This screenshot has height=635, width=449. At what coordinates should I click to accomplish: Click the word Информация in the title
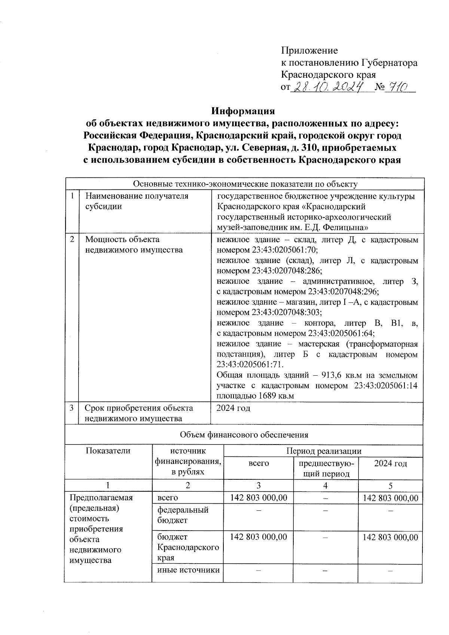pos(243,111)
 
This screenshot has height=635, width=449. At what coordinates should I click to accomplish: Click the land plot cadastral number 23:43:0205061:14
pos(385,385)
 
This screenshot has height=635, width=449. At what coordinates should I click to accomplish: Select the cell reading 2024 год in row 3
pos(233,408)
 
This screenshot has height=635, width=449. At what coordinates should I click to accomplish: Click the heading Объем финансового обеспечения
pos(244,434)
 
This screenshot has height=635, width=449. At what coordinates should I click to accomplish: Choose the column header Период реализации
pos(324,451)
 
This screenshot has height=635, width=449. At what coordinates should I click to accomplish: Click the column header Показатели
pos(108,451)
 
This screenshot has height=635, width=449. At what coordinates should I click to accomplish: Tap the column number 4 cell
pos(326,485)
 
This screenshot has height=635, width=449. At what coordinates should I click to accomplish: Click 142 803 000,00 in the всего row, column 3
pos(259,498)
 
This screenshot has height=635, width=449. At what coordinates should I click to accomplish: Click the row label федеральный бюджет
pos(183,515)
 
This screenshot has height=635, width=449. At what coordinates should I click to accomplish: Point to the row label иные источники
pos(188,570)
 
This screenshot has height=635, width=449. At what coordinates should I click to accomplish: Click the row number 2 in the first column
pos(72,239)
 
